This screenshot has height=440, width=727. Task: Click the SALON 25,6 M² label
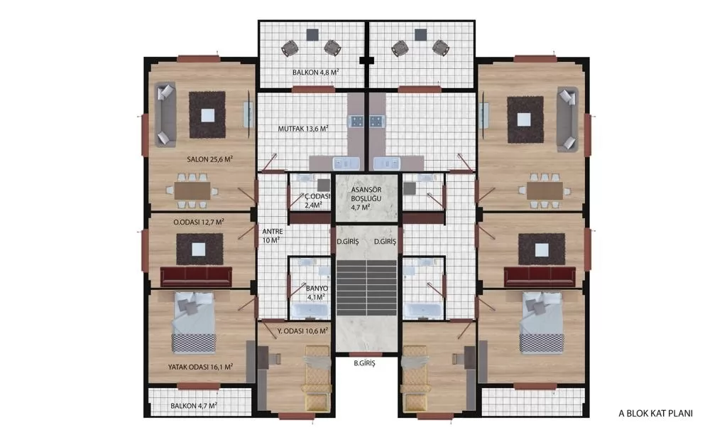point(209,159)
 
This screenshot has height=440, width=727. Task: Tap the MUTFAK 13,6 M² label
point(303,129)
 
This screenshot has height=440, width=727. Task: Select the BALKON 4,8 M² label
point(315,73)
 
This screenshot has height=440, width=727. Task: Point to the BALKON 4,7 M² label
point(194,406)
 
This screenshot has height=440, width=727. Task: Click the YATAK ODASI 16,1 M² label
point(200,367)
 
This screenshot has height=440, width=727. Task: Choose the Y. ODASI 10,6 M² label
point(302,331)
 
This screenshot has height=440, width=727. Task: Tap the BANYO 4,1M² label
point(317,293)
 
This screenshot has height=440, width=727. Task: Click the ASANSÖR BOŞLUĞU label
point(366,194)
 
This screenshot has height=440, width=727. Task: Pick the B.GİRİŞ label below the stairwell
point(364,363)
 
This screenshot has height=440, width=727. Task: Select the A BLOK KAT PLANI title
point(655,413)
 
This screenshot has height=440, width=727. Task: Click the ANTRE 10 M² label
point(272,236)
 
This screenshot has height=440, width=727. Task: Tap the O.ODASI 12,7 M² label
point(199,222)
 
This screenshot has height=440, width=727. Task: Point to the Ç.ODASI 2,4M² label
point(317,200)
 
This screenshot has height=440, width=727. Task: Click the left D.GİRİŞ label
point(348,242)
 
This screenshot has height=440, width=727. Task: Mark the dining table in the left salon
point(192,191)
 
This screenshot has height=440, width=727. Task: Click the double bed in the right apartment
point(542,323)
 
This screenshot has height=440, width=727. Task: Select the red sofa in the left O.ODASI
point(196,277)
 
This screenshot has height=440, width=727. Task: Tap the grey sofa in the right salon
point(567,119)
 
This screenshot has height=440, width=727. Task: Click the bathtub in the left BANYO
point(310,310)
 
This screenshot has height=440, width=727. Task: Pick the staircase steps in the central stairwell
point(367,288)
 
